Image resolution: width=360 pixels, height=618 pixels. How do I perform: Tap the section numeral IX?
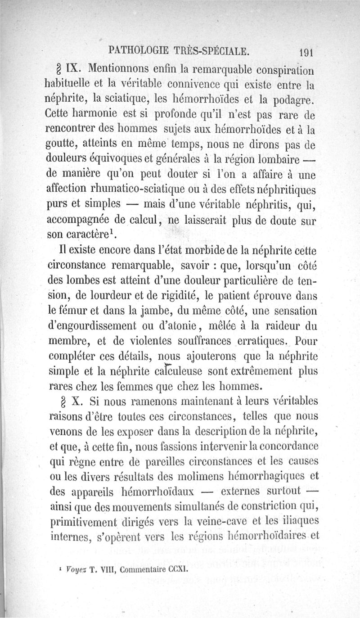click(x=73, y=70)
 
